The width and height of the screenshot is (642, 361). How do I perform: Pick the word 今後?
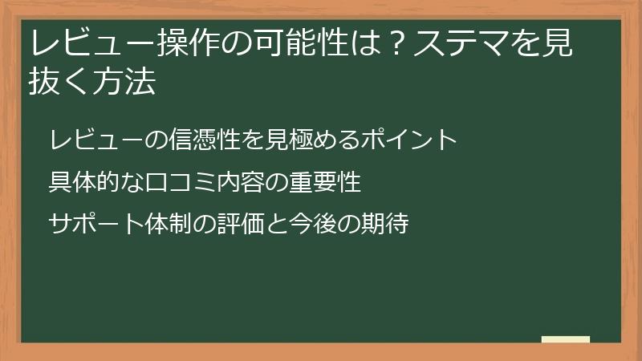click(x=324, y=224)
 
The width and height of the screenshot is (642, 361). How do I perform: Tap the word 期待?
click(x=388, y=224)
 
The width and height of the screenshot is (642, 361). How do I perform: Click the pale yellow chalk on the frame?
click(x=565, y=339)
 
